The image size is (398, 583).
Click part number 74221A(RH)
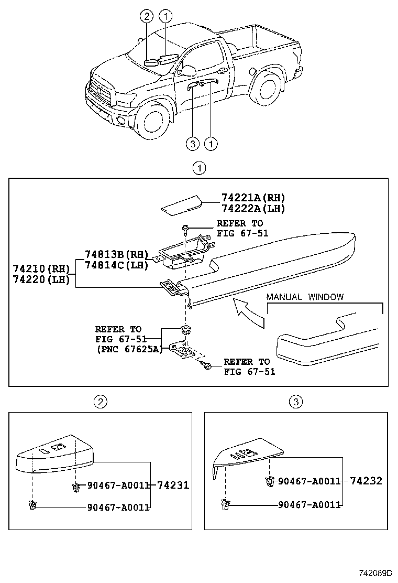(253, 198)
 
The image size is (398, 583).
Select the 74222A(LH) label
(253, 208)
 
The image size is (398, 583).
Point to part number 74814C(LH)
(117, 265)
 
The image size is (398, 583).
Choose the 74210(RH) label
(41, 269)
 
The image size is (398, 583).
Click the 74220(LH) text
(41, 279)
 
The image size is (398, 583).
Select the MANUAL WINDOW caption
(305, 297)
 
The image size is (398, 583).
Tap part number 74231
(173, 485)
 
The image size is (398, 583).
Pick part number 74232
(366, 481)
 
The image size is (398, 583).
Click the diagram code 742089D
(375, 573)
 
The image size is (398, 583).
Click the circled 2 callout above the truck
(147, 17)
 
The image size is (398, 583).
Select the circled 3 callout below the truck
(193, 143)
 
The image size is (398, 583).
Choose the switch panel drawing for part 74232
(246, 455)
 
